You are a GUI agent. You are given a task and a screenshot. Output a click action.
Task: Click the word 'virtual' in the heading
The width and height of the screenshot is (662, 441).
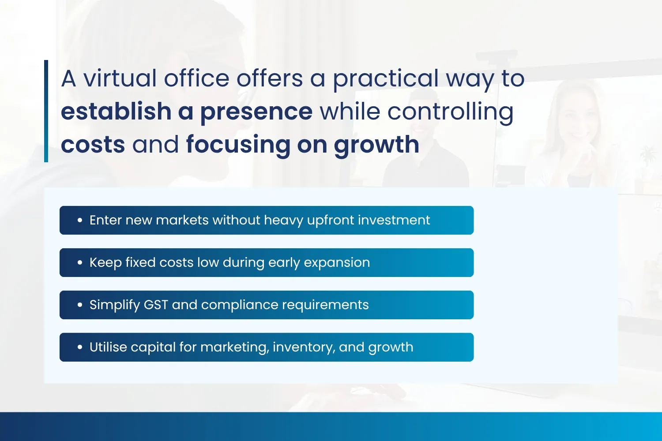[120, 78]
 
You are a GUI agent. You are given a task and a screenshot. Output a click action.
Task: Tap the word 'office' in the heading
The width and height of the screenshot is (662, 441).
[196, 78]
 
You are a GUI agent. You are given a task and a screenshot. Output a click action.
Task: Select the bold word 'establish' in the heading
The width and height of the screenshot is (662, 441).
[116, 111]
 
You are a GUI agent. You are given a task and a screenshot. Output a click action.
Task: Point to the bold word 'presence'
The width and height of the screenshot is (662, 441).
[256, 114]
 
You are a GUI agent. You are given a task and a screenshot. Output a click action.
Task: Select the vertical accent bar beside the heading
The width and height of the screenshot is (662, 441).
[46, 111]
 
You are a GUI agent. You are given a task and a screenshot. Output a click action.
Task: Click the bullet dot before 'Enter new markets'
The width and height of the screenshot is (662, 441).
[80, 220]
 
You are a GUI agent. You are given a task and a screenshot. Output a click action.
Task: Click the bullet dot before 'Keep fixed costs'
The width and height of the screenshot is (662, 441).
[80, 262]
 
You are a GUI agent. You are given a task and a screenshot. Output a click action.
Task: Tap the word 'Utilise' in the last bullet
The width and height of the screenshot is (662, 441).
[108, 347]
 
